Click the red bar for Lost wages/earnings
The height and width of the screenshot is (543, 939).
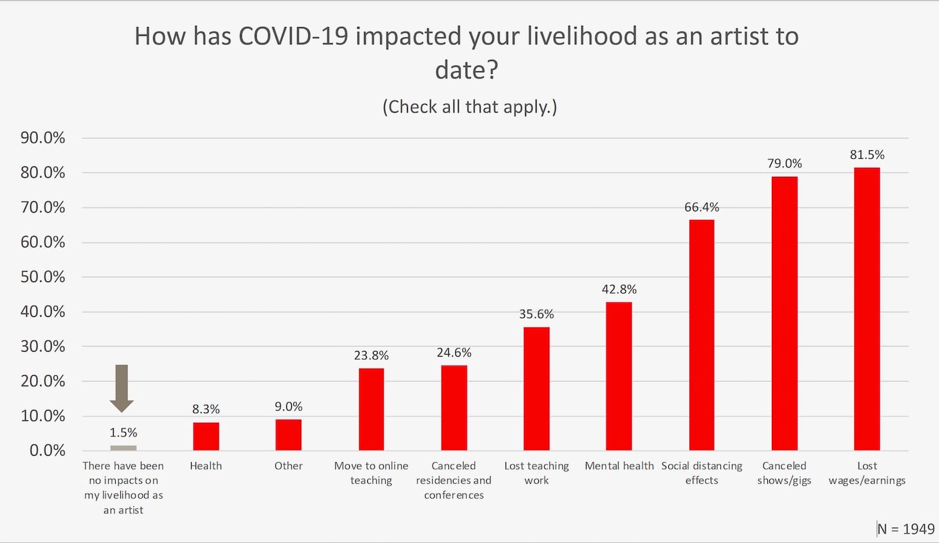tap(866, 308)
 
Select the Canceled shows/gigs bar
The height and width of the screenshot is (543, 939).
tap(784, 313)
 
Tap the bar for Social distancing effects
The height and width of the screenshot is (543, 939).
tap(701, 335)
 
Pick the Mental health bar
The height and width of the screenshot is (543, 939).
tap(619, 376)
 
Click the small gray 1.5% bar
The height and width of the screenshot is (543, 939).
tap(123, 448)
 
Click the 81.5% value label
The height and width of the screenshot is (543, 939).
tap(866, 155)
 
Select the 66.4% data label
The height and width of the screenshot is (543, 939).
tap(701, 207)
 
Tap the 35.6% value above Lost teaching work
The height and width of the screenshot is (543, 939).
tap(536, 314)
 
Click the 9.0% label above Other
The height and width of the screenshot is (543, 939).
tap(288, 407)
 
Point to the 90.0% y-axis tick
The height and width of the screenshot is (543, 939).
tap(42, 138)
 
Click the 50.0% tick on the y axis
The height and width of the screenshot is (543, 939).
tap(42, 277)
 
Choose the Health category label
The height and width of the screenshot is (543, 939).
tap(206, 466)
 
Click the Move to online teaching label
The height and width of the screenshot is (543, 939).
tap(371, 473)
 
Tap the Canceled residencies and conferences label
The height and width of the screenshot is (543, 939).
tap(453, 480)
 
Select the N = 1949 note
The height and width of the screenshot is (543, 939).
tap(906, 529)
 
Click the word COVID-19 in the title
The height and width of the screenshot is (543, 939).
tap(293, 36)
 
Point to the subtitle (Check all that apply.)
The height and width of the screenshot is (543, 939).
tap(469, 106)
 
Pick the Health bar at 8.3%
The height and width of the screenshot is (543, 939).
tap(206, 436)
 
